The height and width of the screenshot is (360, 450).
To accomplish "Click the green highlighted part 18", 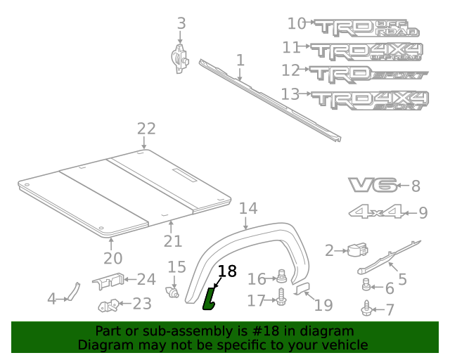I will pos(210,299).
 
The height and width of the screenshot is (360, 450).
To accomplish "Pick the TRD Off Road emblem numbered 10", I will pos(366,27).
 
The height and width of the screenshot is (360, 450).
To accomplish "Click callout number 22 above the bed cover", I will pos(146,129).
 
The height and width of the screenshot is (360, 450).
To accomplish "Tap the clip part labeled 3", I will pos(181,57).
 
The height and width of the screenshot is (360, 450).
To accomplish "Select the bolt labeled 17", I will pos(281,298).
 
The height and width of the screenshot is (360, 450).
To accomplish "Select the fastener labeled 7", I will pos(366,307).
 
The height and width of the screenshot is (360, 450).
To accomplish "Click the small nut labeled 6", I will pos(366,285).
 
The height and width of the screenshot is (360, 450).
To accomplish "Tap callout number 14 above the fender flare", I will pos(248,208).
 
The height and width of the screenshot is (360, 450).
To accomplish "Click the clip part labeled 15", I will pos(172,289).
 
